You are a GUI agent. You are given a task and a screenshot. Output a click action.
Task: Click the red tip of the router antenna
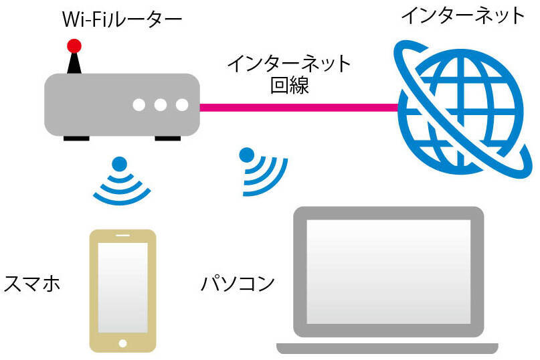[x=74, y=46]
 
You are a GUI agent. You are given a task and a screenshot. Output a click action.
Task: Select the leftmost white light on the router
[x=139, y=105]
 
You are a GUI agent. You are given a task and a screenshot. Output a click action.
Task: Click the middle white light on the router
[x=161, y=105]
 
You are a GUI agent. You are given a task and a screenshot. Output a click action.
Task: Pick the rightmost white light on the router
[x=182, y=105]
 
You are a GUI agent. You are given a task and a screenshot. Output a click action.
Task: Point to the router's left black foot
[x=76, y=139]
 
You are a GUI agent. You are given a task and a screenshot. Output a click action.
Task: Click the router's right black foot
[x=168, y=139]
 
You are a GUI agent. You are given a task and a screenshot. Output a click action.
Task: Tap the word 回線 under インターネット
[x=289, y=85]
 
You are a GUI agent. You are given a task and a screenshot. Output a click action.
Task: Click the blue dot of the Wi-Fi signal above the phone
[x=119, y=164]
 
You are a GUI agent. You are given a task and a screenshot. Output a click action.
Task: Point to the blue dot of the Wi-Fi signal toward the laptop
[x=247, y=155]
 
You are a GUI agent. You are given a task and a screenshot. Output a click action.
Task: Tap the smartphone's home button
[x=123, y=344]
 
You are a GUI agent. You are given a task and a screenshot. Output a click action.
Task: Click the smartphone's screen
[x=123, y=286]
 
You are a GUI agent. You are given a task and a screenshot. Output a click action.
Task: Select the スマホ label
[x=32, y=284]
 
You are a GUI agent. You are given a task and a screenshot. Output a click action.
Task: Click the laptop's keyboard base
[x=387, y=348]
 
